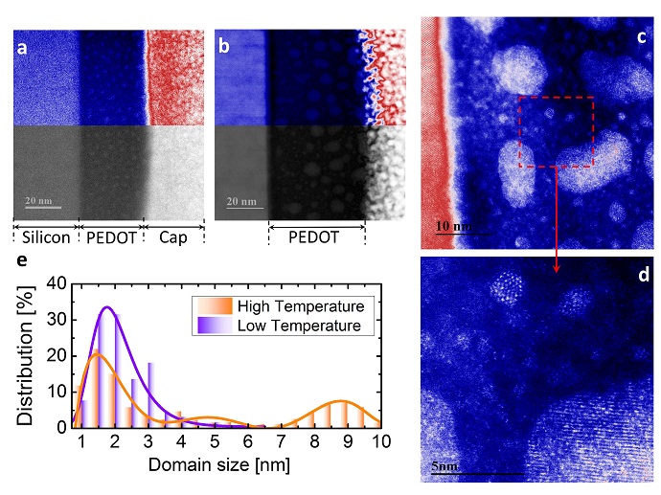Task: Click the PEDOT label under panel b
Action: click(316, 236)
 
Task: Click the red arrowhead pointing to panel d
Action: click(557, 269)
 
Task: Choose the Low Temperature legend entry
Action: click(300, 326)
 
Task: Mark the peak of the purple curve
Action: click(107, 307)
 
